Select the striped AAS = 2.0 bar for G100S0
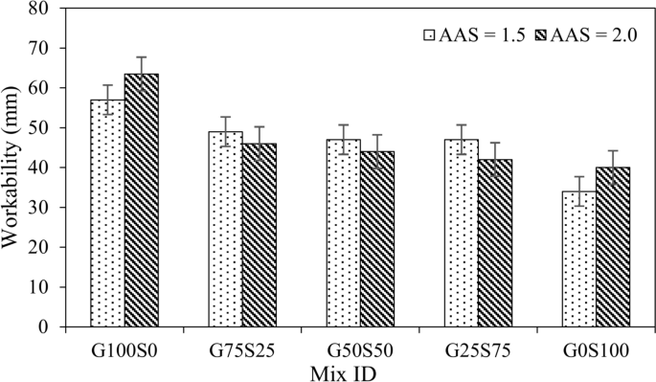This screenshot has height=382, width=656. pyautogui.click(x=142, y=200)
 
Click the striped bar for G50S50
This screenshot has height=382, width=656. pyautogui.click(x=377, y=238)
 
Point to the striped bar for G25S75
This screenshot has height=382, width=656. pyautogui.click(x=495, y=242)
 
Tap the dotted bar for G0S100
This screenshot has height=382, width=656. pyautogui.click(x=578, y=258)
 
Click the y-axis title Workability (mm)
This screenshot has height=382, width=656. pyautogui.click(x=12, y=168)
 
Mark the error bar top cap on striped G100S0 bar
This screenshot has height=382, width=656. pyautogui.click(x=142, y=57)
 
